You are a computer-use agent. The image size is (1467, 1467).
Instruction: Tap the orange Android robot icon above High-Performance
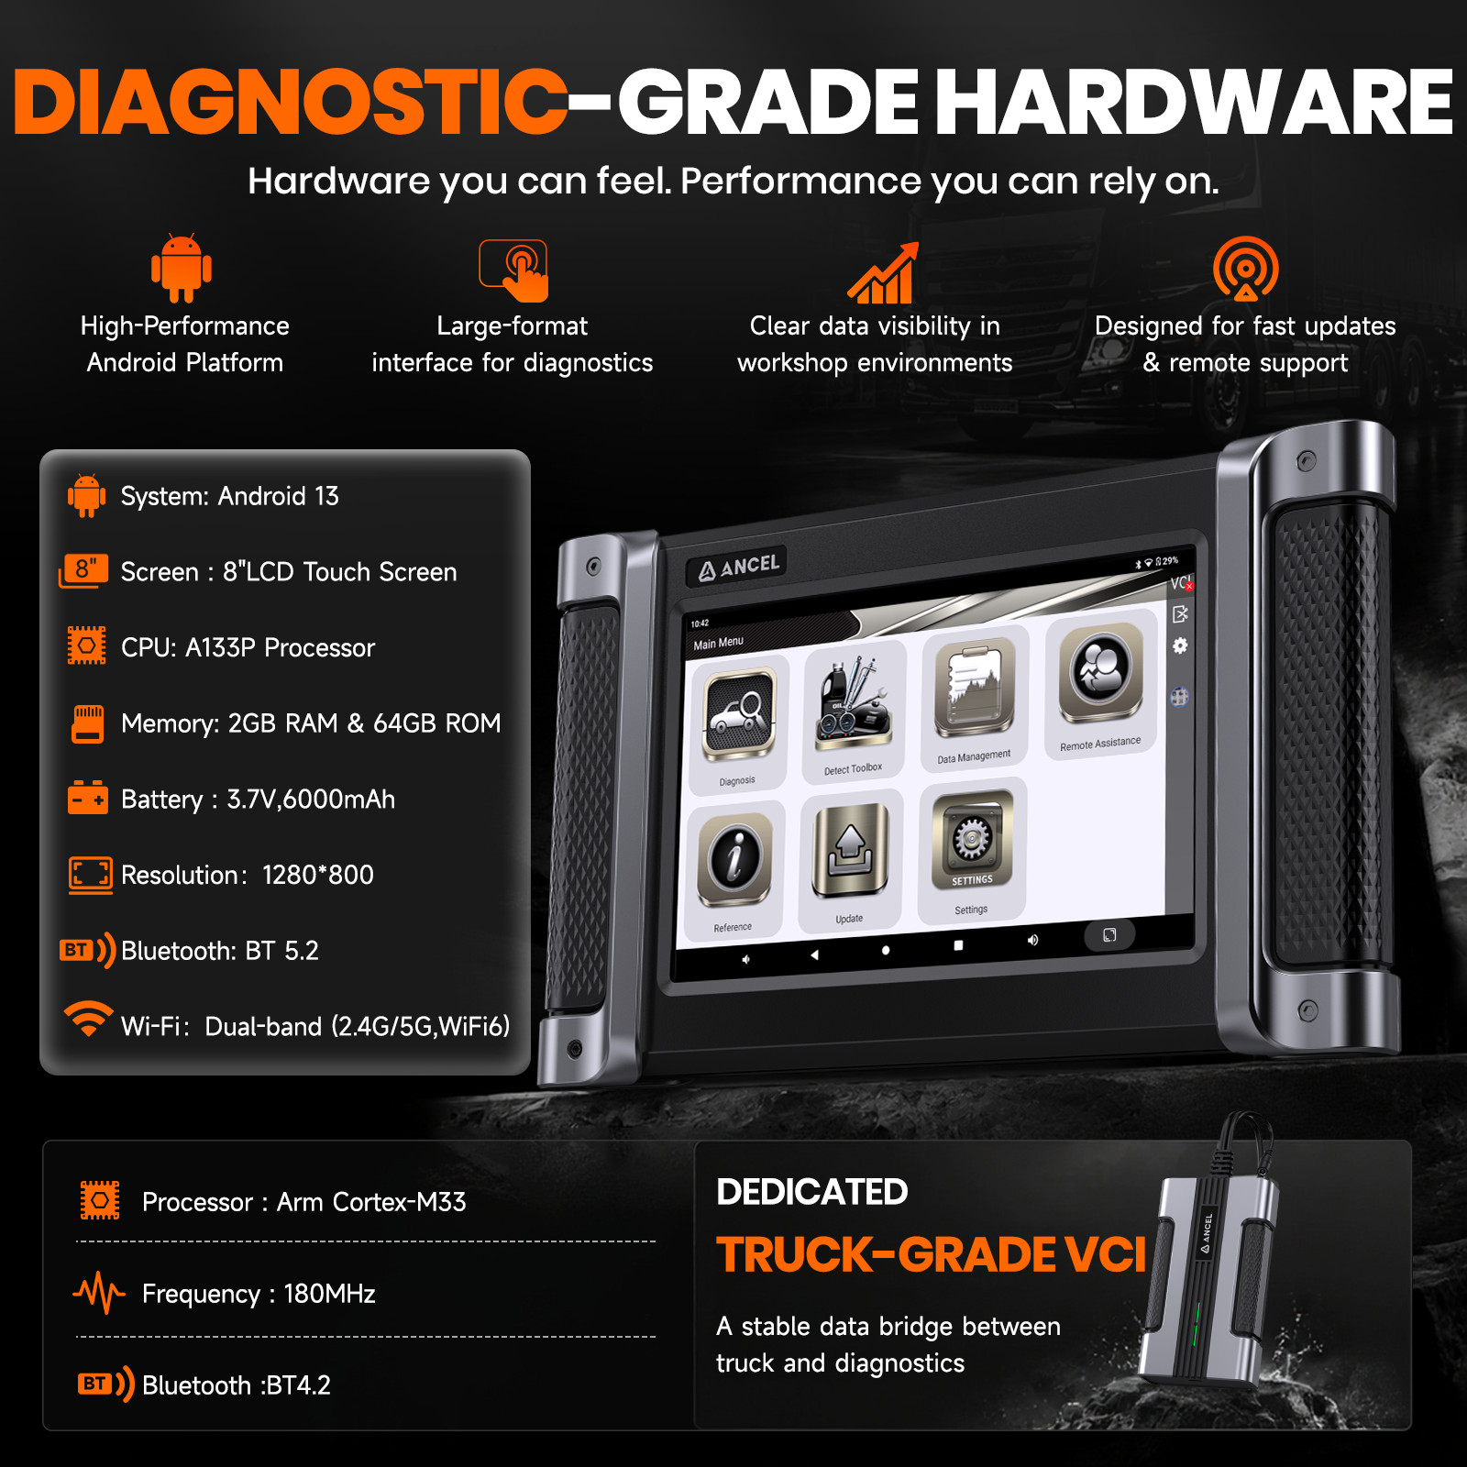(x=182, y=268)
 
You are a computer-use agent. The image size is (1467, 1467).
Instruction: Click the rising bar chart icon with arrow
(x=882, y=272)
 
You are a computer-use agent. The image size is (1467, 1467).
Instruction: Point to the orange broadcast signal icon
(x=1245, y=269)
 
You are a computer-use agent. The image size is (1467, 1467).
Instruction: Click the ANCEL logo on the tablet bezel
(x=739, y=568)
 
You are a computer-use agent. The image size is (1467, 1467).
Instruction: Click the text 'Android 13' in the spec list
(x=278, y=496)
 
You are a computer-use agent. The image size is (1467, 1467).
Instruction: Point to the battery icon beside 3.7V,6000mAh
(x=87, y=798)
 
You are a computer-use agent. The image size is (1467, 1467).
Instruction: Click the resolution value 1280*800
(x=317, y=875)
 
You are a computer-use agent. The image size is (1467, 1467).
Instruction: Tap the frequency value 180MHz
(x=329, y=1294)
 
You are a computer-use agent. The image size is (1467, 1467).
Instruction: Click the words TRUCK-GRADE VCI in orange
(x=931, y=1255)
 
